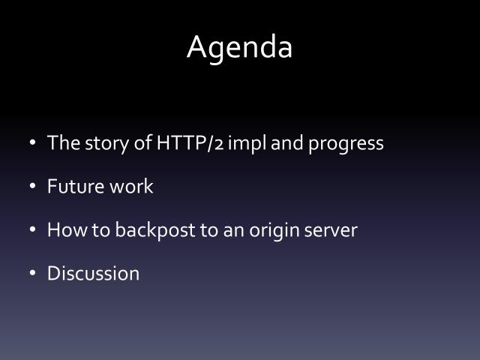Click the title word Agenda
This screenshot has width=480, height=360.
[x=239, y=47]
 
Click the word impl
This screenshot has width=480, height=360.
[x=247, y=143]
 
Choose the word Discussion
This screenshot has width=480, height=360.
[x=93, y=273]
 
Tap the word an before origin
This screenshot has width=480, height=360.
[x=231, y=230]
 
